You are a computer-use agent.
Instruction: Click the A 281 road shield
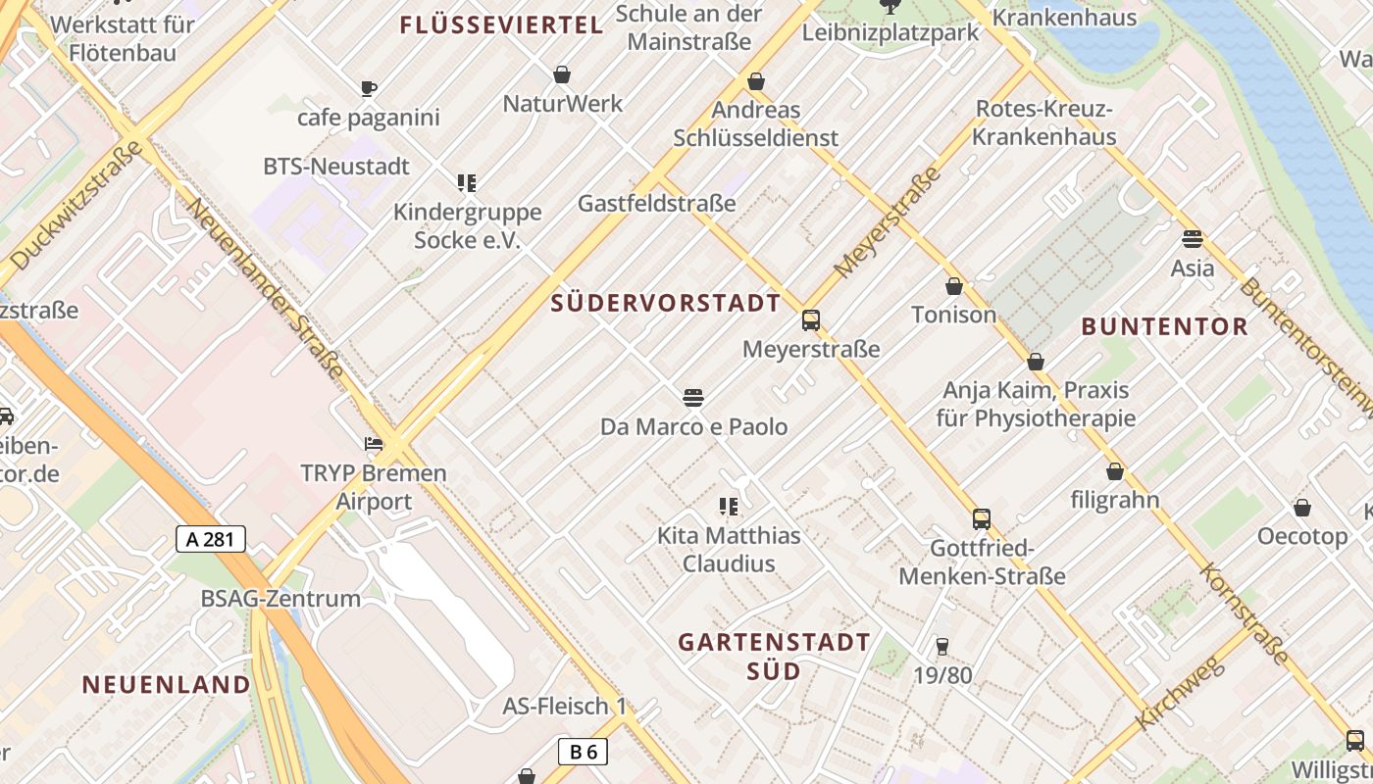(x=211, y=538)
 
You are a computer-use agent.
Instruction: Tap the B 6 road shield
(x=583, y=752)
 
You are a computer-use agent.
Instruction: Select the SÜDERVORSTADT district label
(x=666, y=303)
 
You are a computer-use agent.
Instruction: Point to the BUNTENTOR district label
(x=1164, y=326)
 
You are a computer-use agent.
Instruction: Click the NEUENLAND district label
(x=166, y=684)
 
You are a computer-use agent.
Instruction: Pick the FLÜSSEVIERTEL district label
(x=501, y=25)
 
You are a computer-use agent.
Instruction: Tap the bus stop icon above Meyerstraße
(x=811, y=319)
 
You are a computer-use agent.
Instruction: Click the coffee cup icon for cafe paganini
(x=369, y=89)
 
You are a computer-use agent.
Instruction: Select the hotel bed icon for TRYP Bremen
(x=374, y=444)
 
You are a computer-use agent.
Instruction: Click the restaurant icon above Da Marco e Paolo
(x=693, y=398)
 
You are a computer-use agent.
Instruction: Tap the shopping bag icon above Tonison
(x=953, y=286)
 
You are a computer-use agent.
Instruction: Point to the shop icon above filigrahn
(x=1115, y=471)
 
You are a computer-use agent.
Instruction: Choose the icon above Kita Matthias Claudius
(x=728, y=507)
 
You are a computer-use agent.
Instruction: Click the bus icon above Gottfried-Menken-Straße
(x=982, y=519)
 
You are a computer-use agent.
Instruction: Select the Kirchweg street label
(x=1181, y=693)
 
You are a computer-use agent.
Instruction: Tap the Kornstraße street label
(x=1245, y=614)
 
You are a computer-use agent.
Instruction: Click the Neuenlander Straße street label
(x=265, y=289)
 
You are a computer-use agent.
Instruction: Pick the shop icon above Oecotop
(x=1302, y=508)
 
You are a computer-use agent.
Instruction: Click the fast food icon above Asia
(x=1193, y=239)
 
